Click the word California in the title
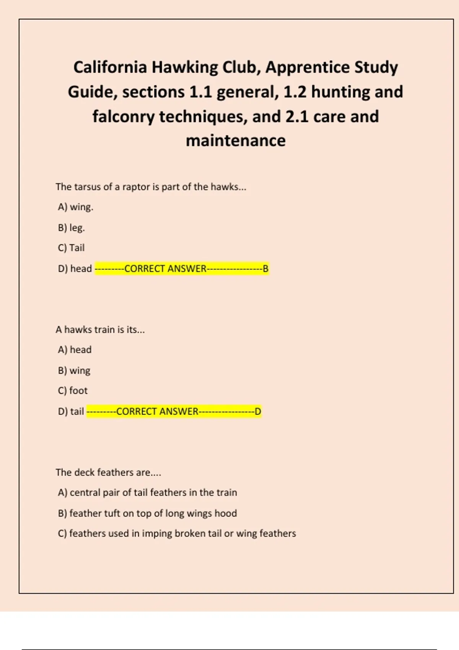click(110, 67)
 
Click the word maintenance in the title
click(236, 141)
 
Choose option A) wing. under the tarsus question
click(76, 207)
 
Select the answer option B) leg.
click(72, 227)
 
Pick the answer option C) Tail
click(72, 248)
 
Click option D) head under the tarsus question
click(75, 268)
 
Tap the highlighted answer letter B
click(265, 268)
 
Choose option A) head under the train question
click(75, 350)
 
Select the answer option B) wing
click(74, 370)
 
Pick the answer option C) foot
click(73, 391)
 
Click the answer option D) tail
click(71, 411)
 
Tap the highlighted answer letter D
click(258, 411)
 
